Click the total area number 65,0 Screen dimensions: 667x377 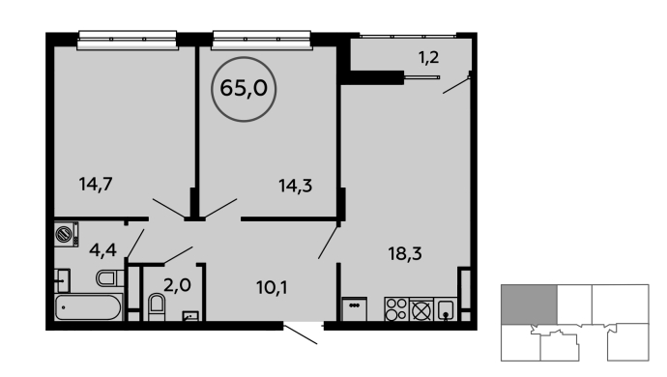(244, 89)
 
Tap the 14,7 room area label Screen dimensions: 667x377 (96, 185)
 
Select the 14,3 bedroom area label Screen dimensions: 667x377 (295, 186)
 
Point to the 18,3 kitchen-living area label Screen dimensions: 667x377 (404, 253)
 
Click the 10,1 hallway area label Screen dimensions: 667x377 (272, 288)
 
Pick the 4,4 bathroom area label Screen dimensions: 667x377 (102, 249)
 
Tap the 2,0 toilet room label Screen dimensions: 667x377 (177, 284)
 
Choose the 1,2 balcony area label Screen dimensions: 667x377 (428, 57)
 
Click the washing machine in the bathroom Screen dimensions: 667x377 (67, 234)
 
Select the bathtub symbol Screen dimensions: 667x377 (89, 306)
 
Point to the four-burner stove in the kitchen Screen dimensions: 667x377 (396, 309)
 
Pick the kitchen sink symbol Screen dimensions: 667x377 (445, 309)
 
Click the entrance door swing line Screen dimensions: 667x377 (301, 334)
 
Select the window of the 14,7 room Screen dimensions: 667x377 (128, 41)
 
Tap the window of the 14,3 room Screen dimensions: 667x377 (261, 41)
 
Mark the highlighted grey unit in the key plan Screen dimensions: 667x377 (529, 304)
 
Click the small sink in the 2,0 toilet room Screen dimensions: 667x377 (190, 316)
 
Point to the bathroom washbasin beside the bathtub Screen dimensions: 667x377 (62, 280)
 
